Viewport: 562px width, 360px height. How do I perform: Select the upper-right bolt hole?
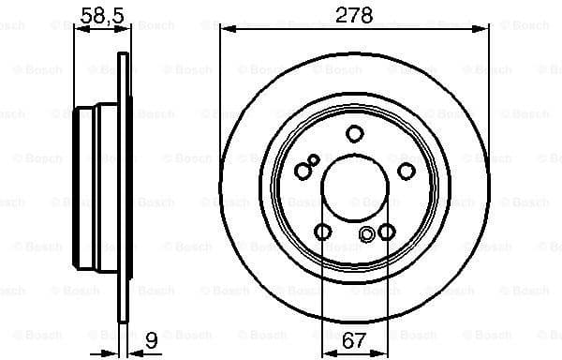tap(407, 170)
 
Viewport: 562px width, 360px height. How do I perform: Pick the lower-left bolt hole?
tap(321, 232)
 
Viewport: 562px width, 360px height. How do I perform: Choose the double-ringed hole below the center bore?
tap(367, 233)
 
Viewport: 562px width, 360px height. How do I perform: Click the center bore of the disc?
tap(354, 188)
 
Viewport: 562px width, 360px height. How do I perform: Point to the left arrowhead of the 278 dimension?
tap(226, 30)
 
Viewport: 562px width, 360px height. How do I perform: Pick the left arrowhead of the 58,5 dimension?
tap(79, 30)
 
